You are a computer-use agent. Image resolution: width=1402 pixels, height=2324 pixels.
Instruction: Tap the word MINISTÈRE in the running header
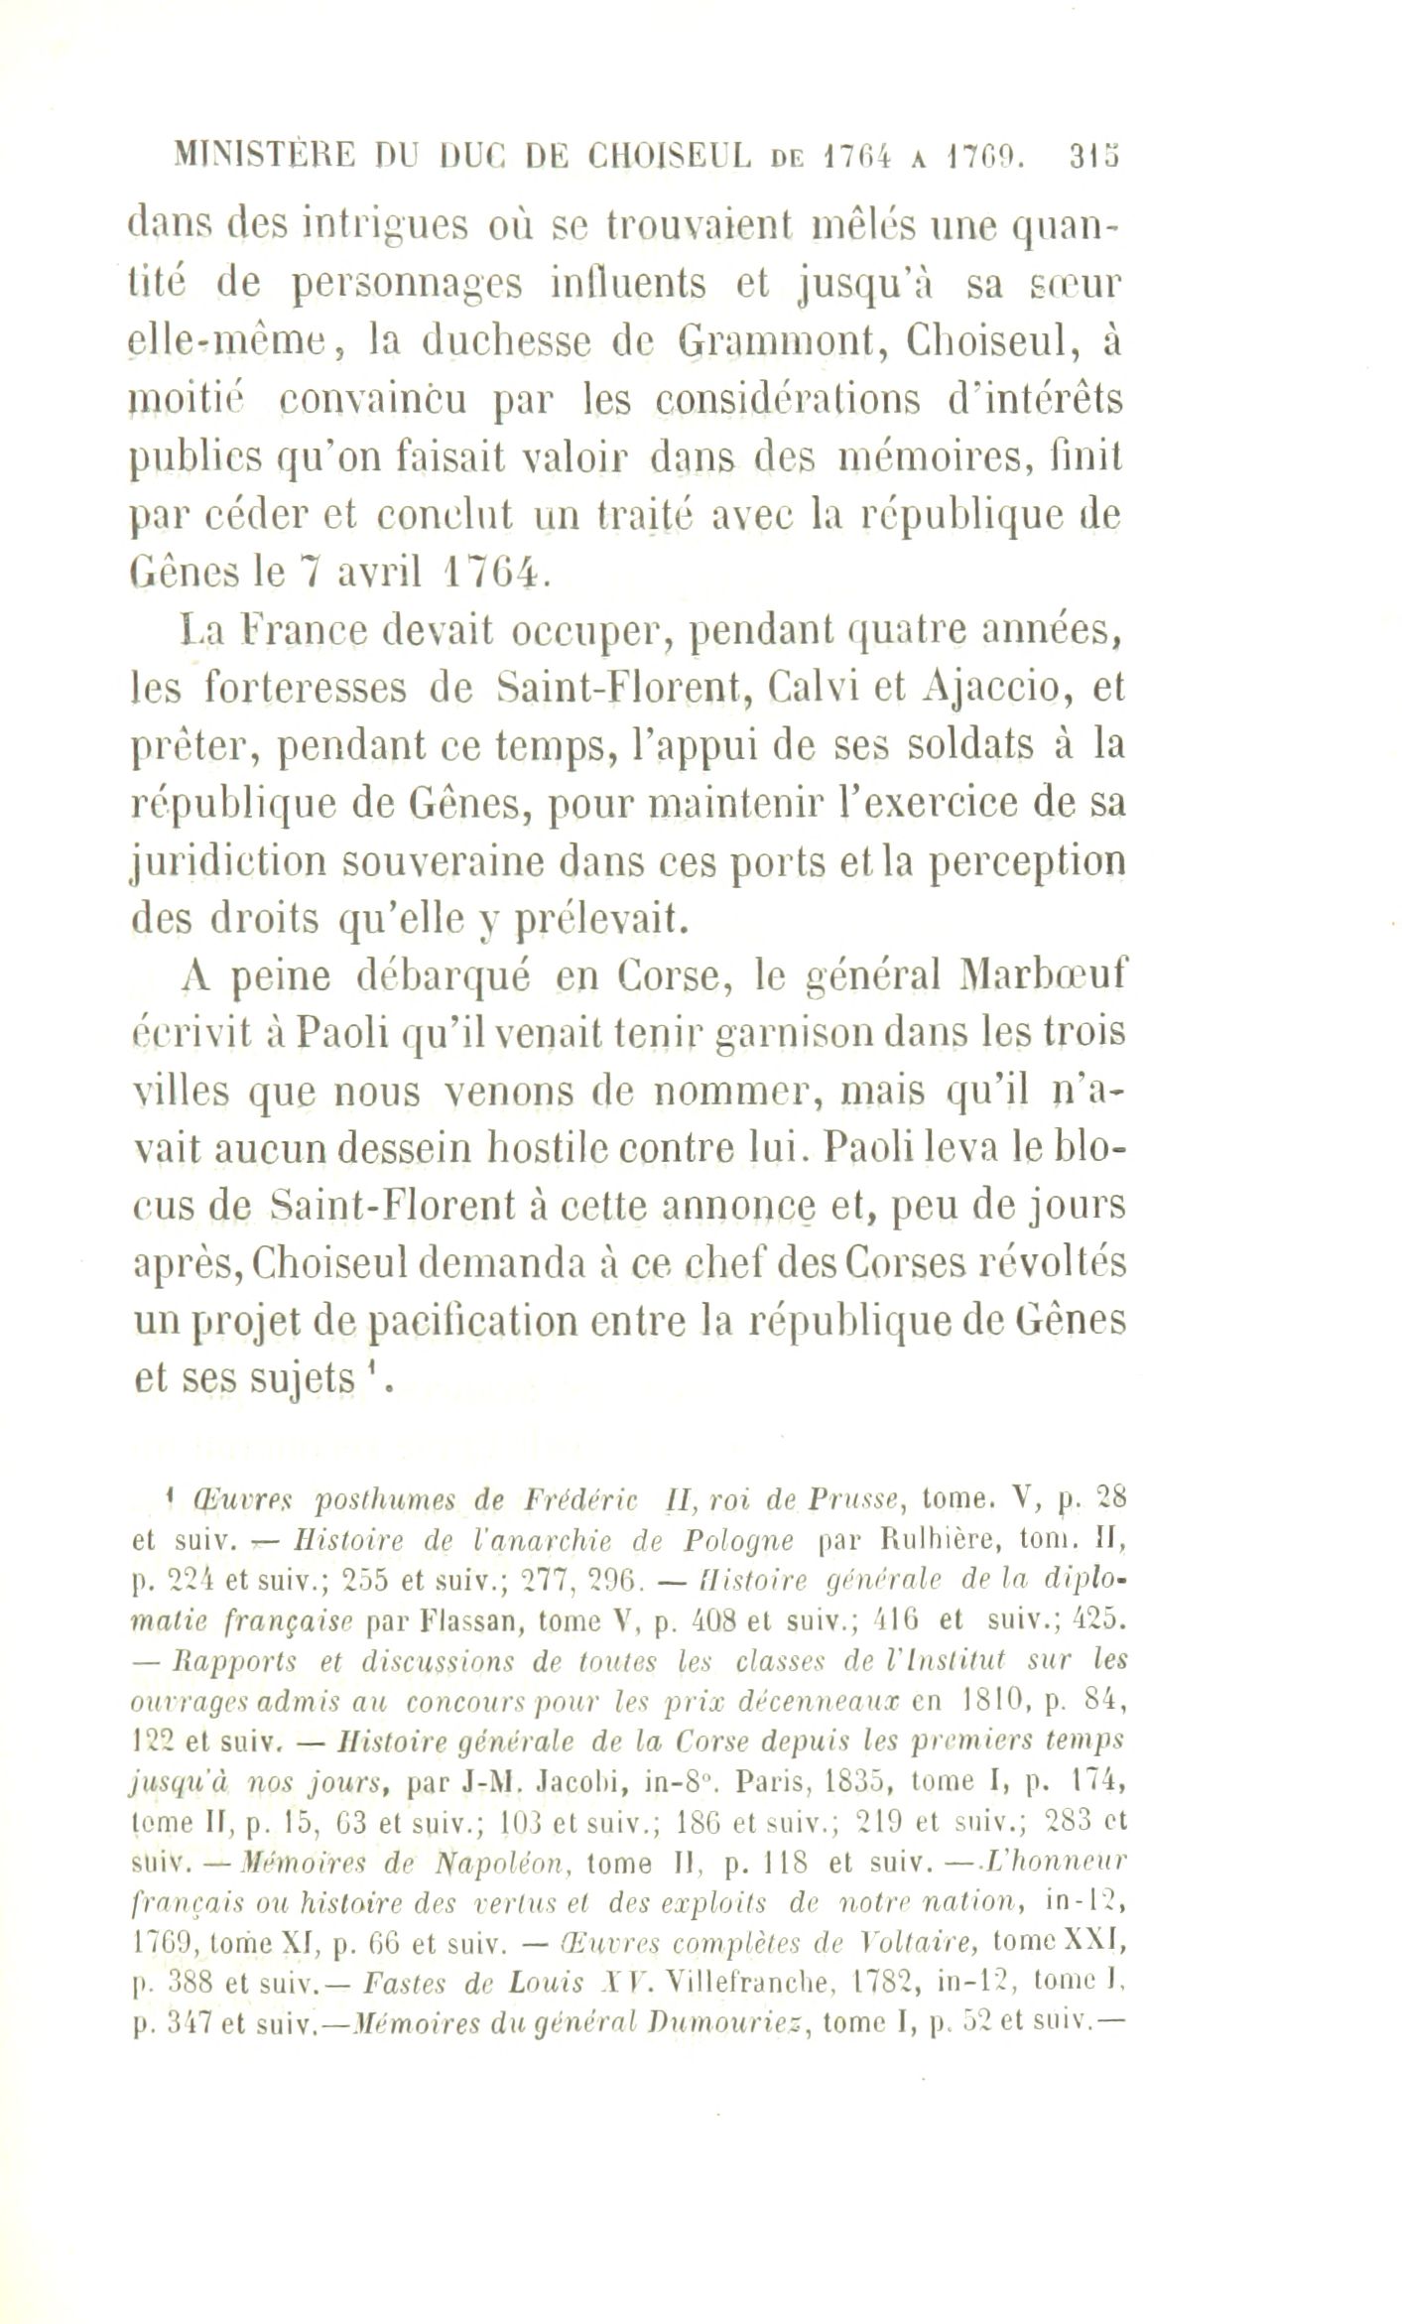click(x=257, y=157)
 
